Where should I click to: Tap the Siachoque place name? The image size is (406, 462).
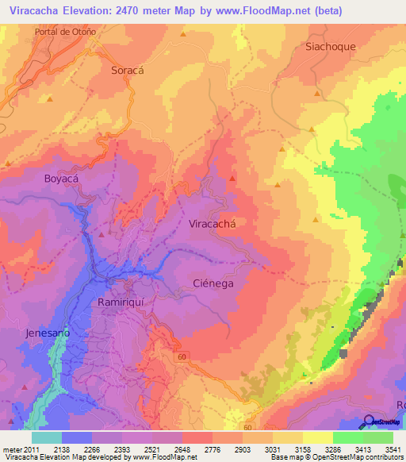coord(330,46)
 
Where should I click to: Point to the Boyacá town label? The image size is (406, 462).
coord(63,179)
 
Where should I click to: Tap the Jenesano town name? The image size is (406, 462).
coord(48,333)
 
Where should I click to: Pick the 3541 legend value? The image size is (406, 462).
coord(389,449)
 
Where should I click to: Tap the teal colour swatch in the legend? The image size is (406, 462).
coord(46,437)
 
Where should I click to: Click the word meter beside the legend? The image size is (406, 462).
coord(12,449)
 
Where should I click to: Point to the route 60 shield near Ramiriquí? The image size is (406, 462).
coord(182,357)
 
